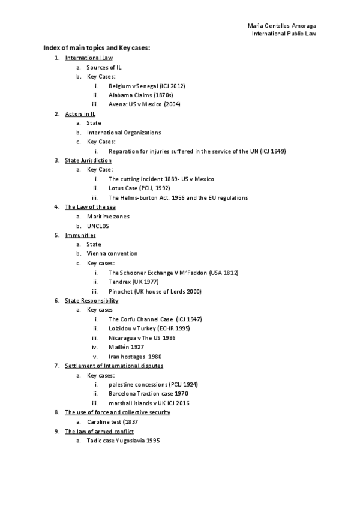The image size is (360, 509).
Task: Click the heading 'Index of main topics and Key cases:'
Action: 96,48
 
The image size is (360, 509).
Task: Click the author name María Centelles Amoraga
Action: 282,26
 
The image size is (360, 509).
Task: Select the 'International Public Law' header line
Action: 284,34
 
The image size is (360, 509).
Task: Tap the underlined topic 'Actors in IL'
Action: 80,113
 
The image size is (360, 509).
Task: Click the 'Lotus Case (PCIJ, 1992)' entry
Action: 139,188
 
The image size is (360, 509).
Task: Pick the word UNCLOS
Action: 98,226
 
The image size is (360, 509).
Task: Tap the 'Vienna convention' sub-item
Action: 112,253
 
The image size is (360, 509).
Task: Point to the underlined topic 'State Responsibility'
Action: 92,300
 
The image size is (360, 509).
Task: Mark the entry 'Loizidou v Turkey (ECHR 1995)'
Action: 150,328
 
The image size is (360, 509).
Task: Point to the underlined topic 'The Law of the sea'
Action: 90,207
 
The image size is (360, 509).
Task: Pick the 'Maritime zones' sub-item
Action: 108,216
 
